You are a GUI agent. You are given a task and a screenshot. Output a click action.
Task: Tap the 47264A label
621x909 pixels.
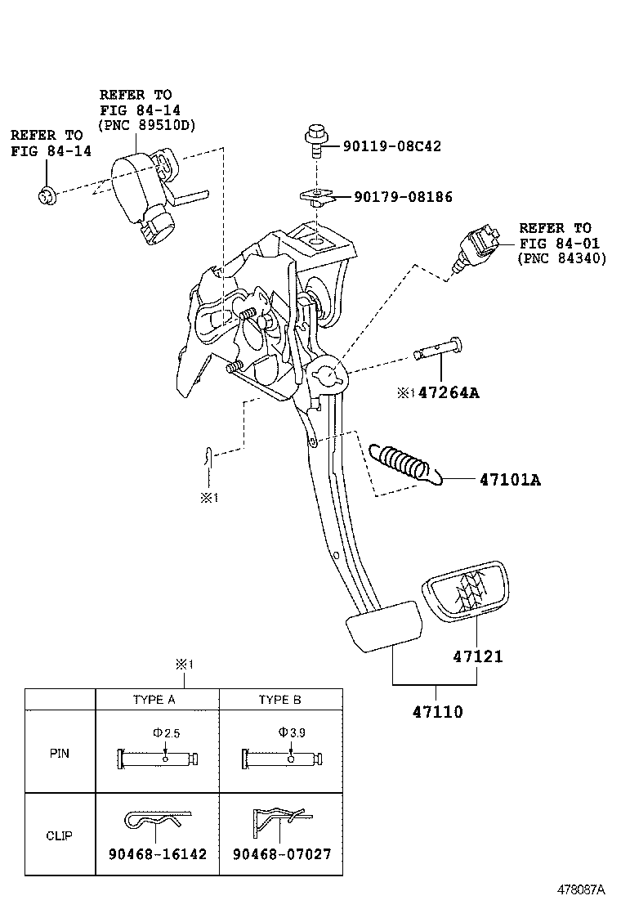pos(448,393)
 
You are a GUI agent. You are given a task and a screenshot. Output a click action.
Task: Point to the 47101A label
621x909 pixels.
pos(504,479)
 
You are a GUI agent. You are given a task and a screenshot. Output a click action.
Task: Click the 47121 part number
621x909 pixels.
pos(478,656)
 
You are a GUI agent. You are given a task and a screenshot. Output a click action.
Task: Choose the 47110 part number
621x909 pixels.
pos(437,712)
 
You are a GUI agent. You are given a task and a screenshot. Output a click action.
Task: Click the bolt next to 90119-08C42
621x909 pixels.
pos(314,141)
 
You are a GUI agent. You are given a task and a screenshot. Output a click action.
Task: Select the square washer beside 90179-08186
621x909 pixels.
pos(317,196)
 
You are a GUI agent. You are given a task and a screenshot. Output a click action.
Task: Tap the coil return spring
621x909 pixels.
pos(400,463)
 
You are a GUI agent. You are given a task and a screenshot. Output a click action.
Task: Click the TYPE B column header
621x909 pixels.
pos(279,700)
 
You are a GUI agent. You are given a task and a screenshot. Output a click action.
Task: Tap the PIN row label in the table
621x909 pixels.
pos(60,753)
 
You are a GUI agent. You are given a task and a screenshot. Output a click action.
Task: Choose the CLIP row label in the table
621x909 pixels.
pos(60,835)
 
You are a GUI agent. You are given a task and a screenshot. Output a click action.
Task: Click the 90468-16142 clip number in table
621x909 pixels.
pos(158,854)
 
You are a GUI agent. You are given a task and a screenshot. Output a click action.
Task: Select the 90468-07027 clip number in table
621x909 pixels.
pos(281,854)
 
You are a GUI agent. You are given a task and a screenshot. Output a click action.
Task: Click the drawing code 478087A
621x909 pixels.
pos(580,889)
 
